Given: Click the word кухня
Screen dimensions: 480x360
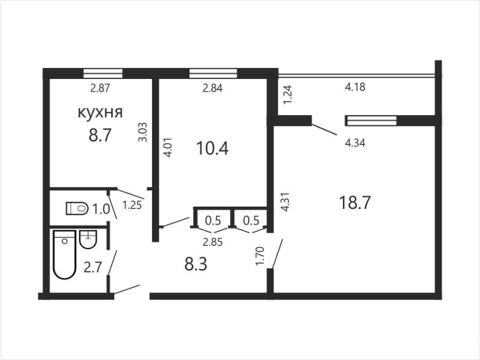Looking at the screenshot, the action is point(100,112).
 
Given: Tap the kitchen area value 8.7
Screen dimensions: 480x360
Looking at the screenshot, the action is point(99,135).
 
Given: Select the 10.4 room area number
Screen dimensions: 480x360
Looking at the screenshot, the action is point(212,149).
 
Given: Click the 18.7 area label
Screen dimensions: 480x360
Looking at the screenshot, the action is point(355,203).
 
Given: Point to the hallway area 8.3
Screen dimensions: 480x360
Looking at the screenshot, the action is point(196,264).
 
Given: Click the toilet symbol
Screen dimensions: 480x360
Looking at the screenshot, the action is point(78,209).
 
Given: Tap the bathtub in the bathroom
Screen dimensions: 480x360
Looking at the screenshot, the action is point(64,255).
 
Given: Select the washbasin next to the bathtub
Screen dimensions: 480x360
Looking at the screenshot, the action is point(88,239).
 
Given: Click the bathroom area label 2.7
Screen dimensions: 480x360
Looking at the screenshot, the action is point(92,268).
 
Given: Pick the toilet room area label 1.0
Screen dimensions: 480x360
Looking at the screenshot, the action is point(101,210).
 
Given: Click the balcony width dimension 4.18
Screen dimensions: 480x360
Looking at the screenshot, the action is point(355,87).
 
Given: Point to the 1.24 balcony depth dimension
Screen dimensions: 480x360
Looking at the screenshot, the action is point(288,95).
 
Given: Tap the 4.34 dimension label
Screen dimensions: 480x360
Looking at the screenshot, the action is point(355,143).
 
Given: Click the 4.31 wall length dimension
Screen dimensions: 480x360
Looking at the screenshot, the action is point(285,202).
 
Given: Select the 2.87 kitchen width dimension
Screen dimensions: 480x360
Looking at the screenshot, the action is point(100,88).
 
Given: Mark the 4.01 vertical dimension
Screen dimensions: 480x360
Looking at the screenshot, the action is point(168,148).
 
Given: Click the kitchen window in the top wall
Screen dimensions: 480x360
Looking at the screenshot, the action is point(103,74).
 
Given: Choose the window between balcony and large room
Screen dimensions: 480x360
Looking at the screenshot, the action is point(371,121).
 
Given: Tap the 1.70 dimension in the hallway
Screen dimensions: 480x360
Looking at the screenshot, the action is point(259,257).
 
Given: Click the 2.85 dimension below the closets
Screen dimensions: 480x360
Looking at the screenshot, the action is point(213,243).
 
